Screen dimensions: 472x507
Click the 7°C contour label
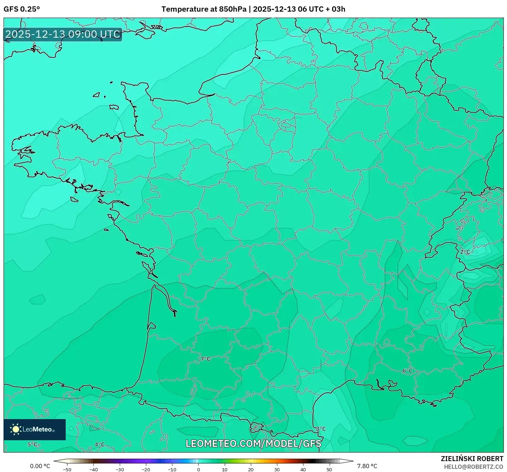[205, 359]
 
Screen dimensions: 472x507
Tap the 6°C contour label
[407, 370]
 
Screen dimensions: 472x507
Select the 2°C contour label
[465, 252]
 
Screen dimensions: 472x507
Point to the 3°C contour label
[321, 429]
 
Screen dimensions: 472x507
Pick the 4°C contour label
[100, 444]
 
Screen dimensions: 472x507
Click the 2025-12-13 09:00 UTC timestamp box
[63, 34]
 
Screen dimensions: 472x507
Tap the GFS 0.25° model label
[22, 9]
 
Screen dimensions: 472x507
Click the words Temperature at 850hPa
[204, 9]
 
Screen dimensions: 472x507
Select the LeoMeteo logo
[35, 429]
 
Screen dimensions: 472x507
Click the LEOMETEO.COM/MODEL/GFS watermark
[253, 443]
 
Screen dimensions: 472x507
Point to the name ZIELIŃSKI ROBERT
[472, 459]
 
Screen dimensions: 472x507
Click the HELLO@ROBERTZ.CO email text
[473, 467]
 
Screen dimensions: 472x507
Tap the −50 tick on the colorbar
[67, 469]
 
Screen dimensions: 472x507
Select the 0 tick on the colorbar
[199, 469]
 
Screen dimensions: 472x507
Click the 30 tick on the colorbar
[277, 469]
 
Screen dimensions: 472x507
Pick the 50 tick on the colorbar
[329, 469]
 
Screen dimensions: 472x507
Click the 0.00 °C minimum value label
[40, 466]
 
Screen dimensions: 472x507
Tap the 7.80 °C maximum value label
[367, 466]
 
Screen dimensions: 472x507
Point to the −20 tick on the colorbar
[146, 469]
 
